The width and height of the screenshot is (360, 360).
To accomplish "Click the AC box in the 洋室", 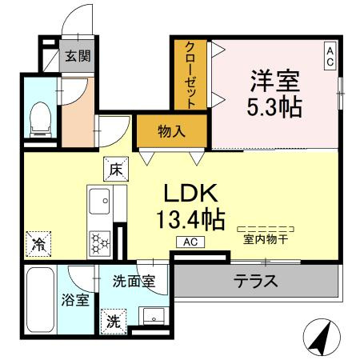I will point(329,55).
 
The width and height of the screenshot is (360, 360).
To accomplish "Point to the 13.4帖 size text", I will point(191,218).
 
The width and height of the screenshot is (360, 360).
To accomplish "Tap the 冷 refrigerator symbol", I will point(37,241).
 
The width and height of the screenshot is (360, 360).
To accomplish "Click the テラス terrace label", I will point(255,282).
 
